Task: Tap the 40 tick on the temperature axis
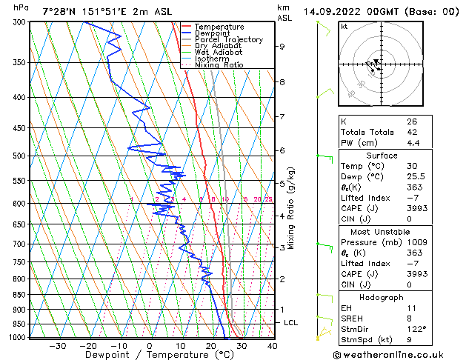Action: pyautogui.click(x=273, y=346)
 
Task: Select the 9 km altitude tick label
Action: pyautogui.click(x=282, y=47)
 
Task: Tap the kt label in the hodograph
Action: pyautogui.click(x=344, y=27)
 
